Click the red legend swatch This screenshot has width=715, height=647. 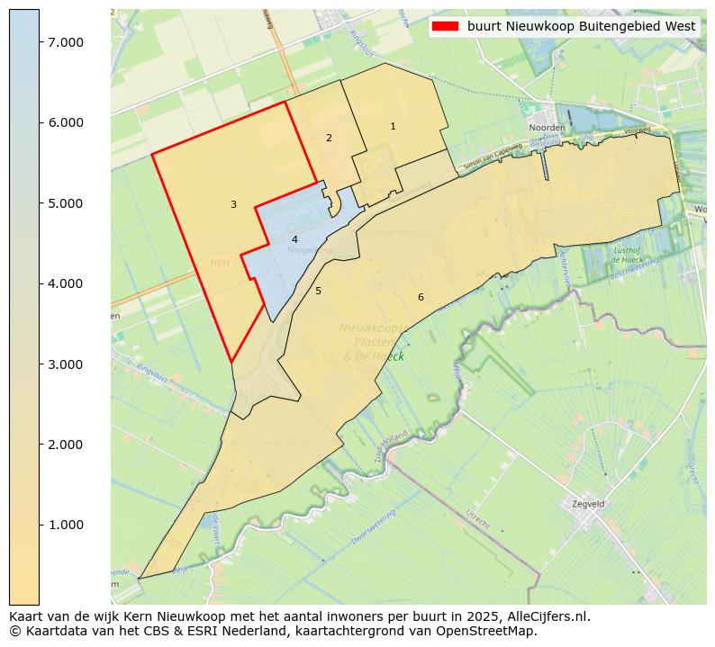click(x=445, y=26)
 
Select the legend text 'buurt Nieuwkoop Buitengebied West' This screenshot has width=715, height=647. click(x=581, y=26)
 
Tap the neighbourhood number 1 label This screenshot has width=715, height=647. click(x=393, y=127)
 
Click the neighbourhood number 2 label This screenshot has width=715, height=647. click(x=329, y=138)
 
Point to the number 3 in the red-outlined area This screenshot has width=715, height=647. click(x=233, y=205)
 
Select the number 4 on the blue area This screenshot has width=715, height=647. click(x=294, y=239)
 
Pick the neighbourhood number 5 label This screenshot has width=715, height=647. click(x=318, y=292)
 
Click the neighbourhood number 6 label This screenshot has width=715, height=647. click(x=420, y=297)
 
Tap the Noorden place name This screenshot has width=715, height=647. click(x=547, y=129)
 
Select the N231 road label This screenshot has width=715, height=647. click(x=220, y=263)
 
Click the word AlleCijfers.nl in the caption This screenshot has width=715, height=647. click(x=546, y=616)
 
